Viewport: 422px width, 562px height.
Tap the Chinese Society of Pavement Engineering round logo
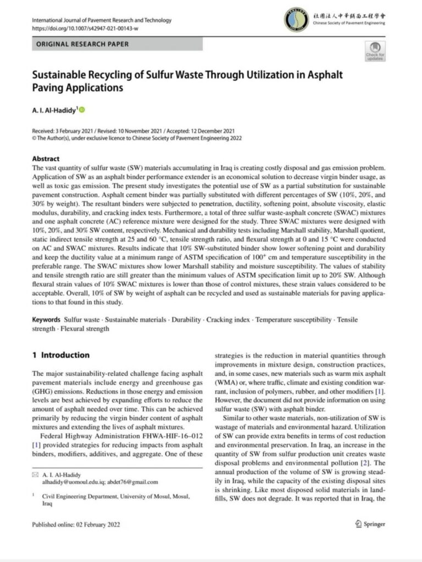coord(296,19)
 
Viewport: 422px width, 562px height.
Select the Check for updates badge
coord(375,50)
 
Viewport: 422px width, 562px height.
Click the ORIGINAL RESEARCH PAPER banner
coord(88,44)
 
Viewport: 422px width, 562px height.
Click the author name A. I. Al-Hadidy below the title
coord(54,110)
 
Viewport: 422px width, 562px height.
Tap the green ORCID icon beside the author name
coord(83,110)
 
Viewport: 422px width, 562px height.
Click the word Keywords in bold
coord(46,319)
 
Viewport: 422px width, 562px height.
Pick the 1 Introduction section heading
coord(60,355)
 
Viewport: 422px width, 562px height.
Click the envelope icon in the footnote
coord(36,474)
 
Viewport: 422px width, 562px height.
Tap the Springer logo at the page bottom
coord(371,524)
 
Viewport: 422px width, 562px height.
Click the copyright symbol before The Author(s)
coord(34,138)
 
